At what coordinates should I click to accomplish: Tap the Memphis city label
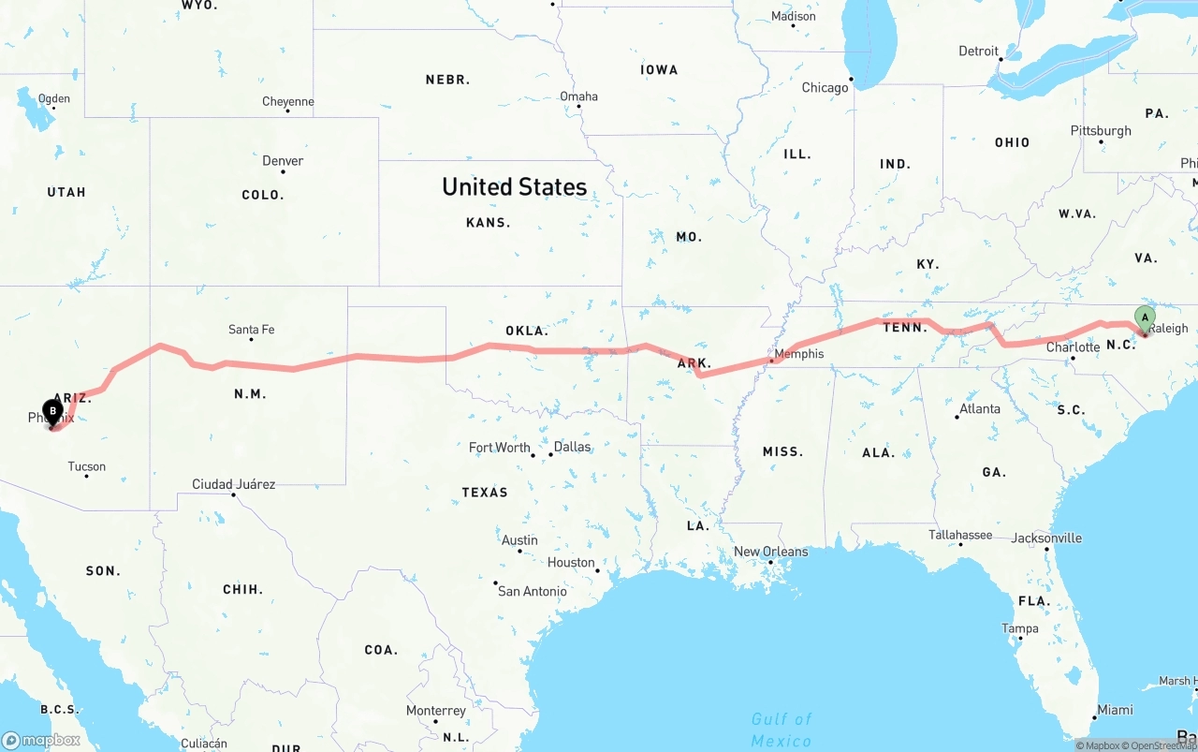(798, 354)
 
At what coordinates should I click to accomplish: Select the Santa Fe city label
(251, 330)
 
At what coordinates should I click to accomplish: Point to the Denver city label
(283, 161)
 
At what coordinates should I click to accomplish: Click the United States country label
(514, 186)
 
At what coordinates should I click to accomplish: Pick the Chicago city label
(825, 88)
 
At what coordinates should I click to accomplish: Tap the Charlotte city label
(1073, 347)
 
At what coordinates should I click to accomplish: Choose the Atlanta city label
(979, 408)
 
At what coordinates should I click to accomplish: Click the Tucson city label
(87, 466)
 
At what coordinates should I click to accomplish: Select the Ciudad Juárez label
(233, 484)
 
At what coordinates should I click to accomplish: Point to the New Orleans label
(770, 552)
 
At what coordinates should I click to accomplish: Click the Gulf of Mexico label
(782, 730)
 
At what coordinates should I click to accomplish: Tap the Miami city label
(1115, 710)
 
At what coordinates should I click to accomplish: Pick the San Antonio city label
(532, 591)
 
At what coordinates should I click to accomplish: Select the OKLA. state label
(527, 331)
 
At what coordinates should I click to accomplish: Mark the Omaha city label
(578, 96)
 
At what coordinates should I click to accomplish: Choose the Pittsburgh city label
(1101, 131)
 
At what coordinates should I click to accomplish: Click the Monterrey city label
(435, 711)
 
